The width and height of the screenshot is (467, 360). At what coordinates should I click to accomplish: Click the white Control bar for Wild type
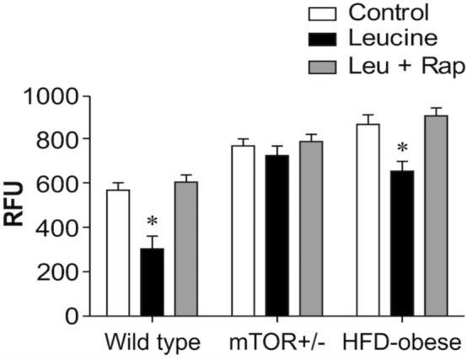pos(118,253)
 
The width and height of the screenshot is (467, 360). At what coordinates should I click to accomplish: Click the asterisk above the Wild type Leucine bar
pos(153,222)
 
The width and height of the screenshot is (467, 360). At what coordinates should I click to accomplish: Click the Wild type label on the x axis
pos(153,344)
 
